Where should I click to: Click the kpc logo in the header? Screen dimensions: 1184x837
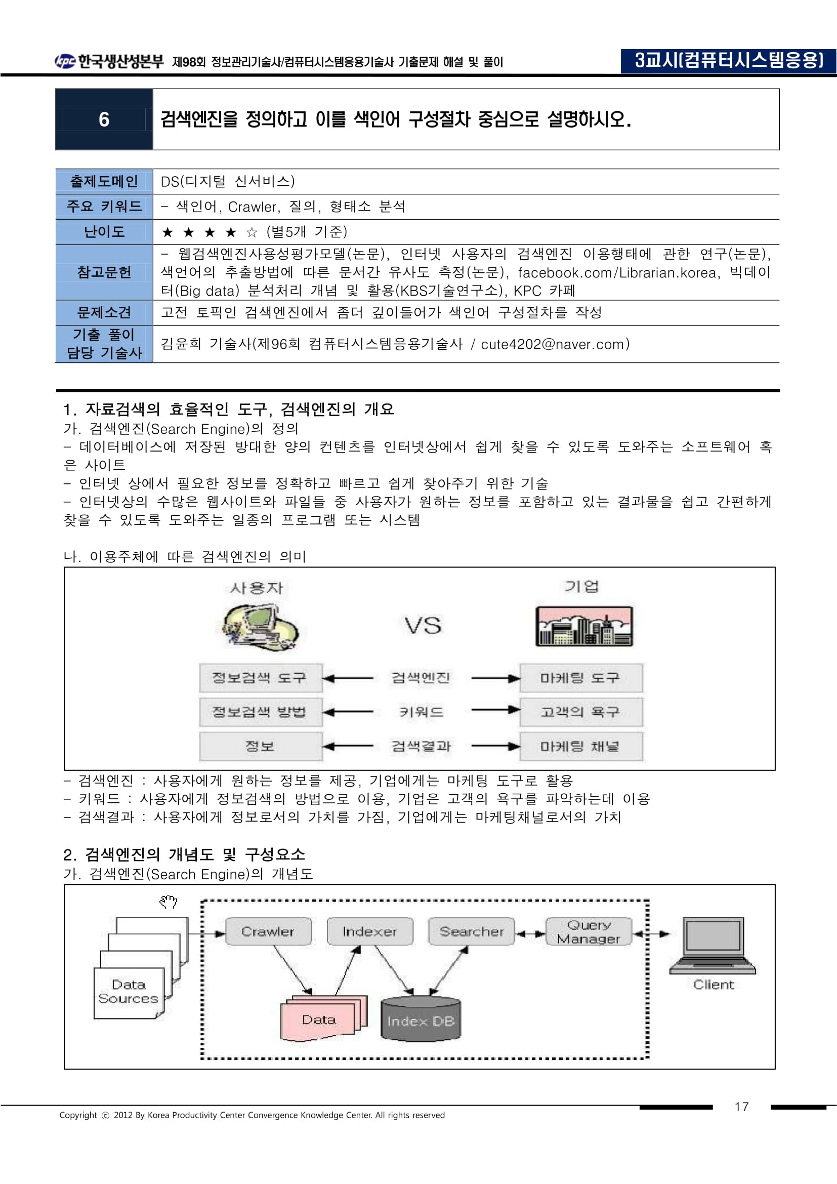pos(65,61)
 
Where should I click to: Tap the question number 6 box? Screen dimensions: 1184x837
pos(104,119)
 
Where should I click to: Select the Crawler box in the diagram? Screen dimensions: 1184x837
pos(268,931)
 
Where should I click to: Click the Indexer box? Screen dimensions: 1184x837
pos(369,931)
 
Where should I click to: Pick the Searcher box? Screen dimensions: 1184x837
pos(471,931)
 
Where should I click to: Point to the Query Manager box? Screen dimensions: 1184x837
pos(589,931)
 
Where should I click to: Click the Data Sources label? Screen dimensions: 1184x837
pos(129,991)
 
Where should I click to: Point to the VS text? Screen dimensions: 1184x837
pos(423,626)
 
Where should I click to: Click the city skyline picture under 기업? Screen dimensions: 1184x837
pos(584,626)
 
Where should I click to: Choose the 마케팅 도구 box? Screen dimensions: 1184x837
pos(581,678)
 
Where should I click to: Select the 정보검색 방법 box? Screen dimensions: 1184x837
pos(260,712)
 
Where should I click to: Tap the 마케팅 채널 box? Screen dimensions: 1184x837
pos(581,746)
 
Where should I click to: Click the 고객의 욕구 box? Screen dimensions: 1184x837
pos(581,712)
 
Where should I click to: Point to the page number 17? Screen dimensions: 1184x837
pos(741,1106)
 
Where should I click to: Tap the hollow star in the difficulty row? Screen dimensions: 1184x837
pos(252,232)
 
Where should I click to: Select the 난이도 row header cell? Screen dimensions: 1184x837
pos(104,232)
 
